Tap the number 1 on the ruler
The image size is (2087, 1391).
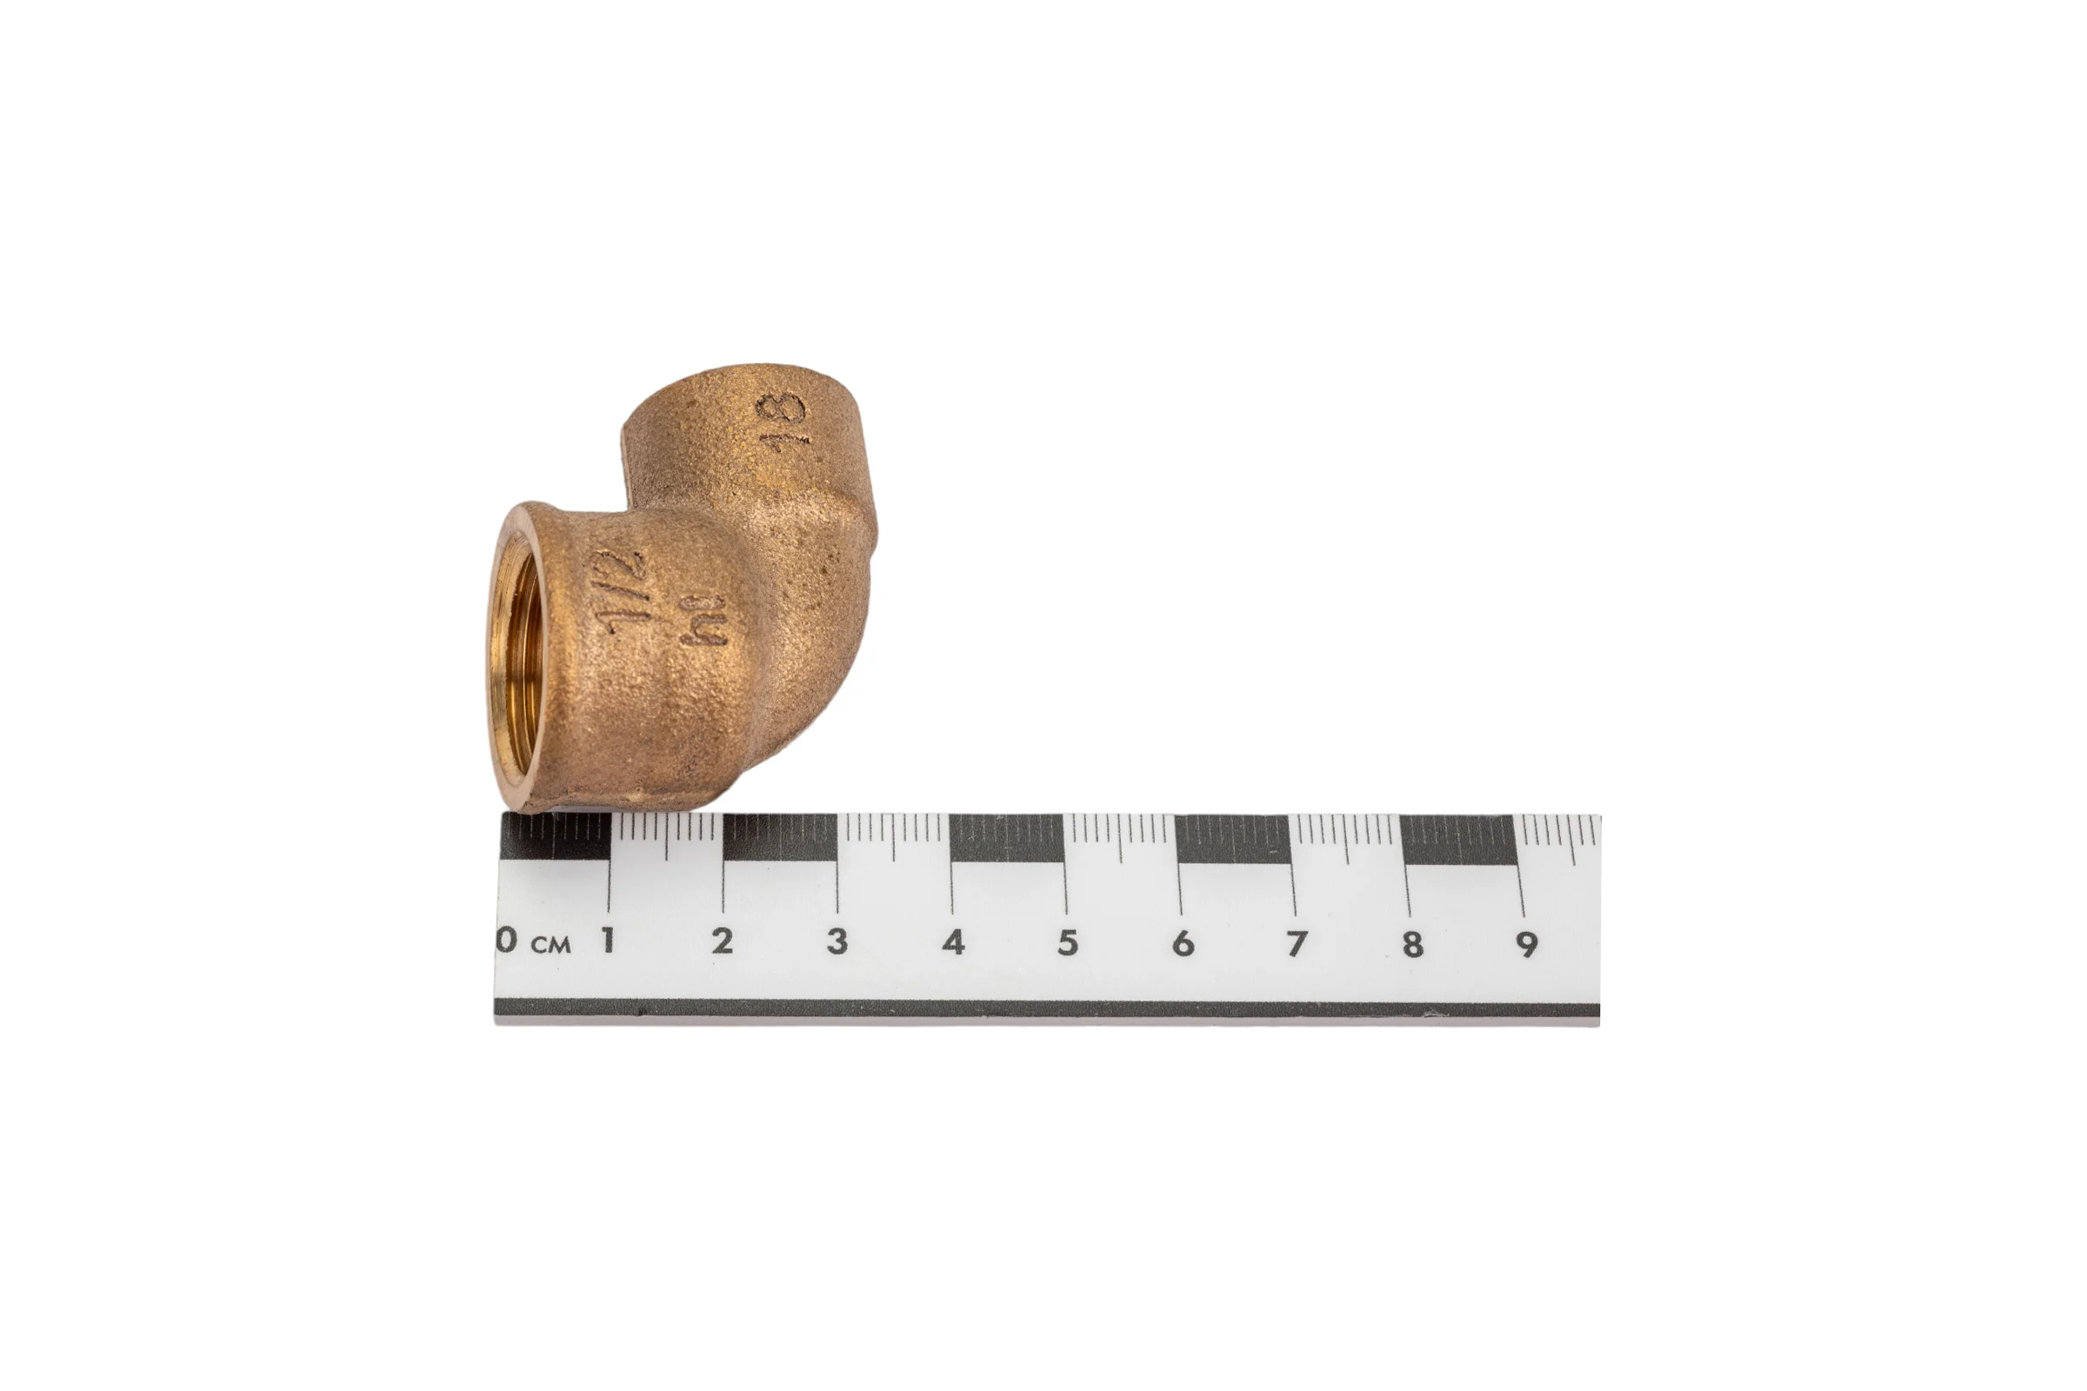(x=608, y=941)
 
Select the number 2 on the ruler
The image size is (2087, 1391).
(x=723, y=942)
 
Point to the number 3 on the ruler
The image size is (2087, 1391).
(x=837, y=942)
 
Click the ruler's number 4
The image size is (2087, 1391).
(x=953, y=942)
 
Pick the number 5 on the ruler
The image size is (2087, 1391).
(x=1068, y=942)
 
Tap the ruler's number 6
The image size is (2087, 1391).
(x=1182, y=943)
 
